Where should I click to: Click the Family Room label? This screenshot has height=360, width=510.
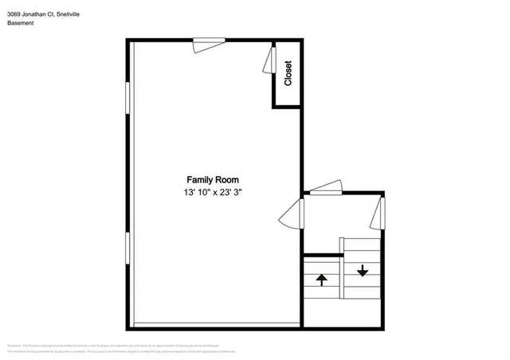coord(212,180)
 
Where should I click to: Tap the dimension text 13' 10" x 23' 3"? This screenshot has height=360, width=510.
coord(212,193)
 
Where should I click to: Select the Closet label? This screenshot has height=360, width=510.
coord(288,73)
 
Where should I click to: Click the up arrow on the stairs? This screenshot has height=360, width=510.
coord(322,280)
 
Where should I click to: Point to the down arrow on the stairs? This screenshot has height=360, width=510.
coord(363,270)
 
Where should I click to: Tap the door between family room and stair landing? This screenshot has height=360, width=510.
coord(295,213)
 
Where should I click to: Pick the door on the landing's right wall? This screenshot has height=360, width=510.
coord(379,213)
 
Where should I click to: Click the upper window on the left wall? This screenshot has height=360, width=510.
coord(127,99)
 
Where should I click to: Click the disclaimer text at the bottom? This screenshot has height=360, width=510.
coord(120,347)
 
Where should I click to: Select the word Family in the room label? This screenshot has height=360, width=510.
coord(200,180)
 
